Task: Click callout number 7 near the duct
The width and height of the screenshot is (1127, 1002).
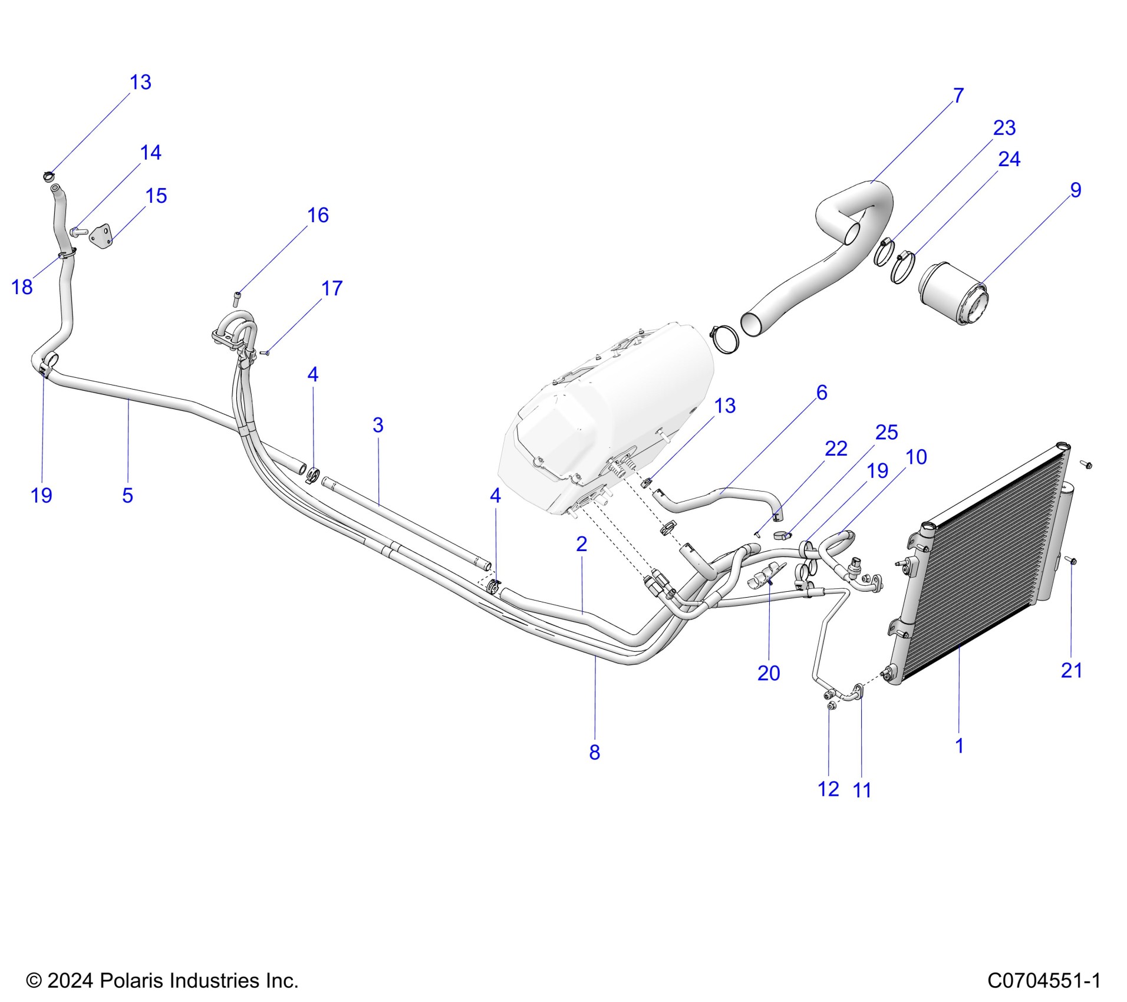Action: (958, 95)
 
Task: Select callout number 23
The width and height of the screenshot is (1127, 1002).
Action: (1004, 128)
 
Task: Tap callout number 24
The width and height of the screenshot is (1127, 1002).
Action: (1009, 159)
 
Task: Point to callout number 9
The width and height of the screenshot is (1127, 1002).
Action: (1076, 190)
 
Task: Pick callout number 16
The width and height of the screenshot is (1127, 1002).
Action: (318, 215)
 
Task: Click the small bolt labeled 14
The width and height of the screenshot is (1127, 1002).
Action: (78, 232)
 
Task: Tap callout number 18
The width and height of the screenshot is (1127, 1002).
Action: (22, 287)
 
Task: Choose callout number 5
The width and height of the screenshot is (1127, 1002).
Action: (127, 495)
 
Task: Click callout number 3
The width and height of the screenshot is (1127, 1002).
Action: (378, 425)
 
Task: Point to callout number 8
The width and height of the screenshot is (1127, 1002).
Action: (594, 752)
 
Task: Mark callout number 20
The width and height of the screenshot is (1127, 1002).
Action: (769, 673)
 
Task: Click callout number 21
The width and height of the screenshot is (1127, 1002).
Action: (1071, 670)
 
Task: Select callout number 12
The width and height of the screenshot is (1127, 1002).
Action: (828, 789)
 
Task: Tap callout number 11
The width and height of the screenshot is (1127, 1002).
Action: (862, 790)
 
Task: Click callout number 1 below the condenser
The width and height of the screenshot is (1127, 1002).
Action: (959, 746)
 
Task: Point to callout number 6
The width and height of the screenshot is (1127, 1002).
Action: (822, 393)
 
